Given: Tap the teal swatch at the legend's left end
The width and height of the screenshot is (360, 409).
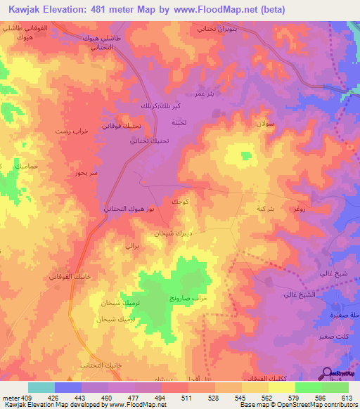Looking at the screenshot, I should (41, 387).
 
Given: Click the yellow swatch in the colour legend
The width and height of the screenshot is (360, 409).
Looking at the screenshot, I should (281, 387).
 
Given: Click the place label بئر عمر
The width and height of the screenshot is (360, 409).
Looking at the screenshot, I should (204, 93).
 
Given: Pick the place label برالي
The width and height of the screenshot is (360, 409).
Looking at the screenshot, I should (132, 247).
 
